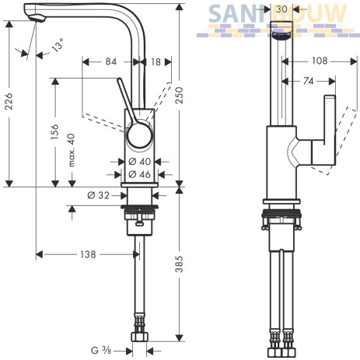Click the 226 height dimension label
[x=9, y=100]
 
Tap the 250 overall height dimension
[x=180, y=96]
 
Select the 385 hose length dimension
[x=179, y=264]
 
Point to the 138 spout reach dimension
[x=88, y=254]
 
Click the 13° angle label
[x=58, y=44]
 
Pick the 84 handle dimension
[x=111, y=61]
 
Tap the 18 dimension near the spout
[x=156, y=62]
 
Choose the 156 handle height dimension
[x=54, y=131]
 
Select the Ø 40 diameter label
[x=139, y=162]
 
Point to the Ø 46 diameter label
[x=139, y=174]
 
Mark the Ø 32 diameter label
[x=99, y=195]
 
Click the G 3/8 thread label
[x=101, y=351]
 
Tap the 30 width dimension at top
[x=281, y=9]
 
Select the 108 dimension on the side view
[x=320, y=61]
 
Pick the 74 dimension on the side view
[x=309, y=82]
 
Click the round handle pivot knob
[x=139, y=134]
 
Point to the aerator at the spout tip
[x=37, y=19]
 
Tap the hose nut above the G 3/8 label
[x=139, y=337]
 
